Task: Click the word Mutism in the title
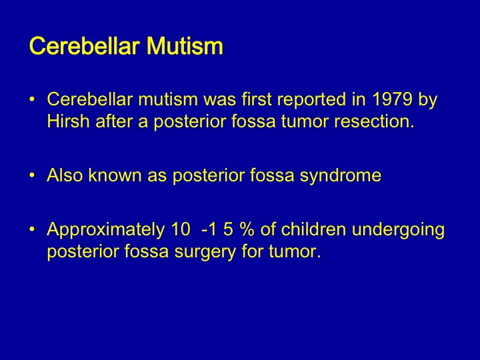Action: point(185,46)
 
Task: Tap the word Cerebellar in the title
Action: point(84,46)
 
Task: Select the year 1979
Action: point(392,99)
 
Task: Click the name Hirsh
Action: point(68,121)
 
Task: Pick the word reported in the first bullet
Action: point(311,100)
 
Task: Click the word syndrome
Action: point(341,176)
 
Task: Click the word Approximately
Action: point(106,229)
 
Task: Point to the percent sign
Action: point(247,229)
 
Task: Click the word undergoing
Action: point(398,230)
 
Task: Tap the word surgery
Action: point(205,252)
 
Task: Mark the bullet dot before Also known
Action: point(32,175)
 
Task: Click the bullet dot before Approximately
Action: point(32,229)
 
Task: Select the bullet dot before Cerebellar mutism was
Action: point(32,99)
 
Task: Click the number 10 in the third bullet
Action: point(181,229)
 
